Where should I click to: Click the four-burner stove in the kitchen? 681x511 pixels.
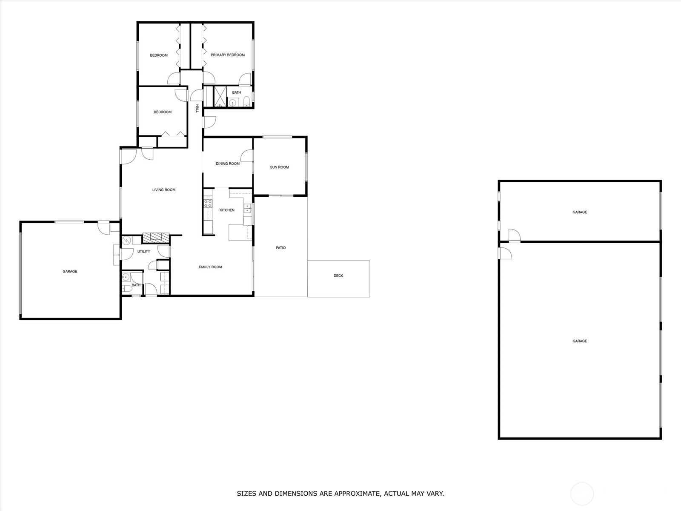[x=208, y=204]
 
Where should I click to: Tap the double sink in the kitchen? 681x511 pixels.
[x=247, y=208]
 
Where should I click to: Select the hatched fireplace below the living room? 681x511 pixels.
[x=156, y=238]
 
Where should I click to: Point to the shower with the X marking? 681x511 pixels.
[x=220, y=97]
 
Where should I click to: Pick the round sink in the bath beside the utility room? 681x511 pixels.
[x=126, y=277]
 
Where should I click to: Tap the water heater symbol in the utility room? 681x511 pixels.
[x=126, y=241]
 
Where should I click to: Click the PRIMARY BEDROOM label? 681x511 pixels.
[x=228, y=55]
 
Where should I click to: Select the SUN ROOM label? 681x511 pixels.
[x=279, y=167]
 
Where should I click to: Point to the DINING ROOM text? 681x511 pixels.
[x=228, y=164]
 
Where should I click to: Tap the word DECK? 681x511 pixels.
[x=338, y=276]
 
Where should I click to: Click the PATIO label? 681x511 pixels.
[x=281, y=247]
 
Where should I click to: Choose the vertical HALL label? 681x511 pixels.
[x=197, y=108]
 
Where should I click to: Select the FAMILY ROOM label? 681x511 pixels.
[x=210, y=267]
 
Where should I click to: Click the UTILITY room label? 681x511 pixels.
[x=143, y=251]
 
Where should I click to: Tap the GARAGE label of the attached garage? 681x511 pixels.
[x=70, y=272]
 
